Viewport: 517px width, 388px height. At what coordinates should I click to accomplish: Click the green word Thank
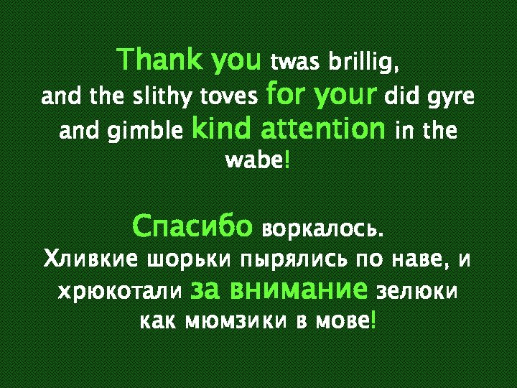click(x=162, y=60)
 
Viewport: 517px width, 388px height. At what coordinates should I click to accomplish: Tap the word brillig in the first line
click(x=363, y=64)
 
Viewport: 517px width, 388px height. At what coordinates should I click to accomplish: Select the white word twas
click(x=295, y=64)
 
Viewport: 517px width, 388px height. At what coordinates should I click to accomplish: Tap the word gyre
click(x=452, y=98)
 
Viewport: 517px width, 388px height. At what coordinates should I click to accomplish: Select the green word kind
click(x=220, y=129)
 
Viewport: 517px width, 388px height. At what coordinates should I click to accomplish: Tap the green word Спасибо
click(x=192, y=227)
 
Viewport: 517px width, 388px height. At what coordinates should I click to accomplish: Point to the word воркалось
click(x=323, y=230)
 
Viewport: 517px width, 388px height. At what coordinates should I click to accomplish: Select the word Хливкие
click(x=91, y=258)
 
